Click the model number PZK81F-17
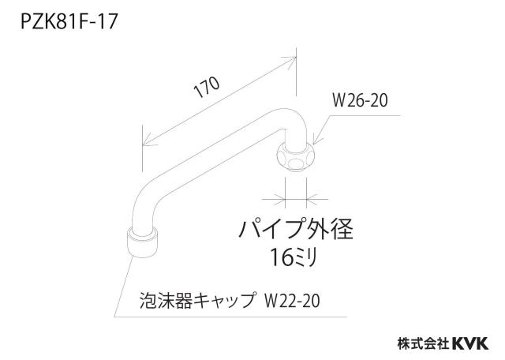(x=69, y=22)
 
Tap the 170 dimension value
(x=208, y=87)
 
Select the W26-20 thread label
(x=360, y=100)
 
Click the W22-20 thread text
(x=292, y=302)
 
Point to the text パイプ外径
(x=296, y=229)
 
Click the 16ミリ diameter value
(x=294, y=257)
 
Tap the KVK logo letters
(x=470, y=343)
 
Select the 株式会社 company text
(x=423, y=343)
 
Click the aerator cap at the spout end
(x=142, y=242)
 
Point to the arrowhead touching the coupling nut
(x=316, y=141)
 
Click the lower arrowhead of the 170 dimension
(x=149, y=142)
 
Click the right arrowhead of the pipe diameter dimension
(x=312, y=200)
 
